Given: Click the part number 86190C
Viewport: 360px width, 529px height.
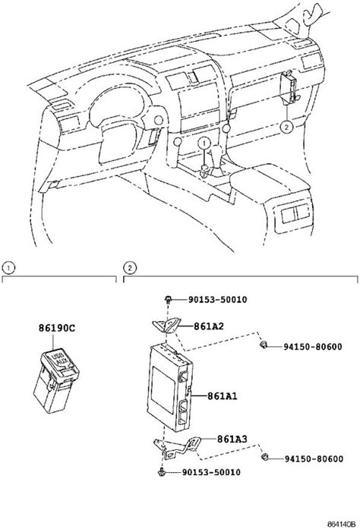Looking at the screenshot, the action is tap(57, 328).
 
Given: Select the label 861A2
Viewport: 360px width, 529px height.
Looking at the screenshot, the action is tap(208, 326).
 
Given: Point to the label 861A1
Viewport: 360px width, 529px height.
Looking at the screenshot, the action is tap(223, 395).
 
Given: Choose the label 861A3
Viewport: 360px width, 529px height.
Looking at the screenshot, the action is tap(232, 439).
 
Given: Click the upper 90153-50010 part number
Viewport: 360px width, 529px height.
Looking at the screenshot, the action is tap(217, 299).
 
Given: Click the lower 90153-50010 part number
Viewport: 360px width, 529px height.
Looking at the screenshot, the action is tap(211, 472).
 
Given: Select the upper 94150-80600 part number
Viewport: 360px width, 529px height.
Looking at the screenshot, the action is tap(312, 347).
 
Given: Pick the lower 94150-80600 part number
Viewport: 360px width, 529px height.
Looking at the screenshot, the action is tap(314, 459).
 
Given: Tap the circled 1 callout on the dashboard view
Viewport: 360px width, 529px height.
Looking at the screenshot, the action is tap(204, 143).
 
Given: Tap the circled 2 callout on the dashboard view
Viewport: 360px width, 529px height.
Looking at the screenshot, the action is tap(286, 127).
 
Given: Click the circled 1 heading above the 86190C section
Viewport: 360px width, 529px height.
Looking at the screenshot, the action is tap(8, 268).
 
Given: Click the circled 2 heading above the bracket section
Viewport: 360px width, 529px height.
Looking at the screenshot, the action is tap(130, 268).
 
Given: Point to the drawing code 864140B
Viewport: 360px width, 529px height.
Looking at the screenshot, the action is tap(342, 524).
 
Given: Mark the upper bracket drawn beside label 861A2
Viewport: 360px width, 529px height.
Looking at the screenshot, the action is tap(166, 326).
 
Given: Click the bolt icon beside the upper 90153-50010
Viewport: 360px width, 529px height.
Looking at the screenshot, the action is tap(168, 299).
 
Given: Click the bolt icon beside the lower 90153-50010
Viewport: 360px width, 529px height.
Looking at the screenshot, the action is tap(162, 471).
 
